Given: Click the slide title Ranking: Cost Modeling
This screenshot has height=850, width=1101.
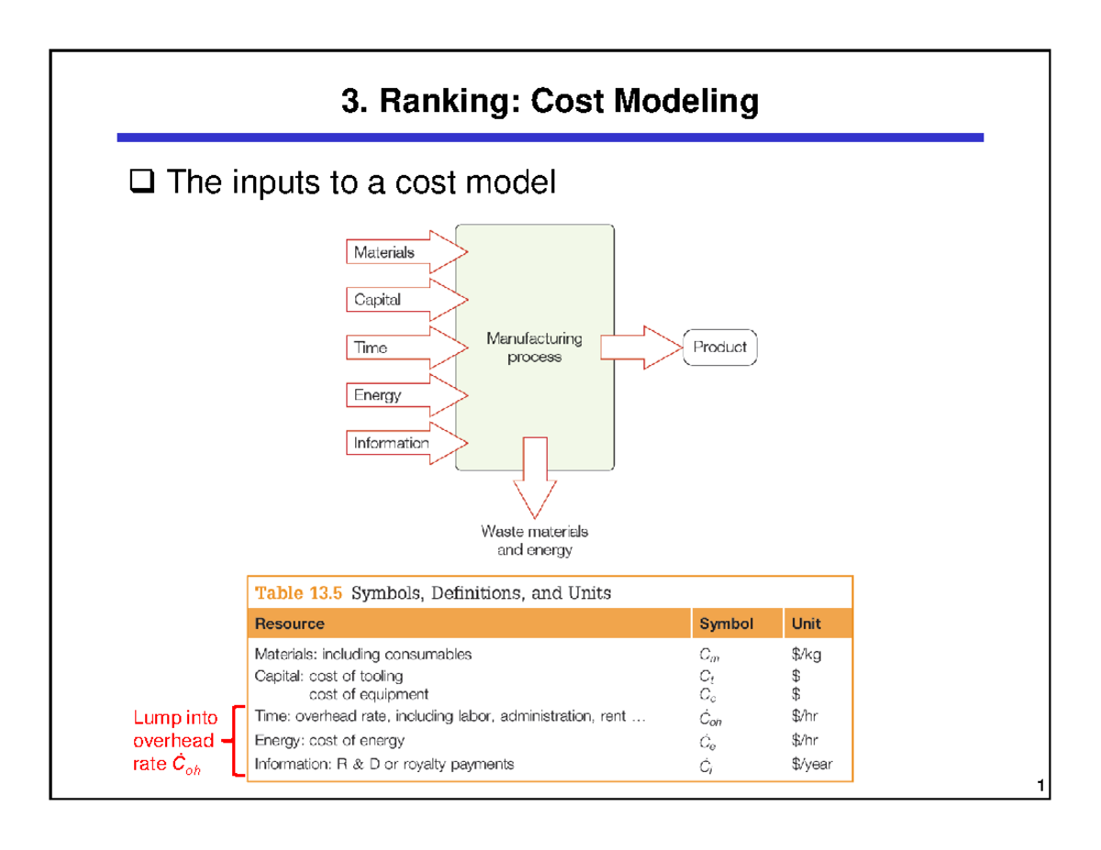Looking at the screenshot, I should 550,103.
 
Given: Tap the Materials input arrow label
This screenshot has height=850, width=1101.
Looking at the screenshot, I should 384,252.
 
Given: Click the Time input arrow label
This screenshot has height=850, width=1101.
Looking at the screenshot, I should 371,348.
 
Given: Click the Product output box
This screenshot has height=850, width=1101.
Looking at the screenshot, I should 719,348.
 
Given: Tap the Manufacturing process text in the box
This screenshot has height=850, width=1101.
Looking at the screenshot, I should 534,348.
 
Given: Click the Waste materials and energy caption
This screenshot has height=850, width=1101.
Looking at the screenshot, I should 534,540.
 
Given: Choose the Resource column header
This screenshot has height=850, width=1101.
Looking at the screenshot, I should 290,624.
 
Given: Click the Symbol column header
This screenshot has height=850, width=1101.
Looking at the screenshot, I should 727,624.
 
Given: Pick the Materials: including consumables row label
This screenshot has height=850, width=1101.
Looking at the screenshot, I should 363,655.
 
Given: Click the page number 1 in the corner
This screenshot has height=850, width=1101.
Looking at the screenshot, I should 1039,787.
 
